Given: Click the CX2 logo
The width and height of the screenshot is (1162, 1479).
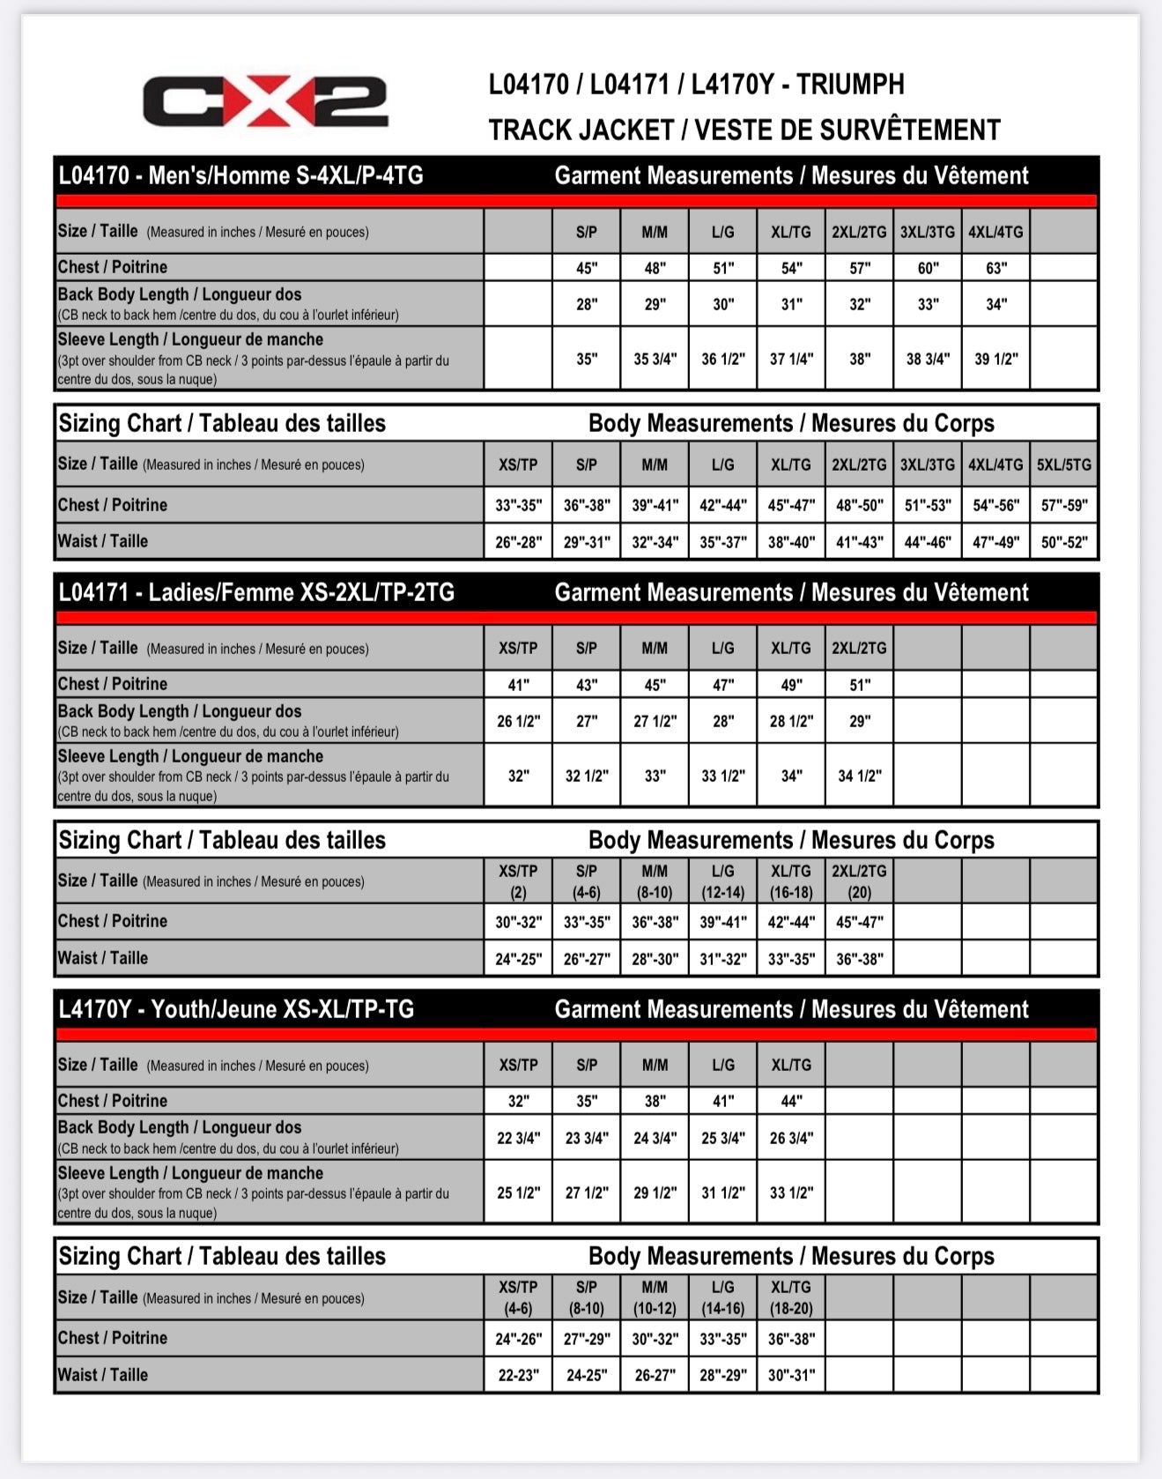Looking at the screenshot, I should pos(265,101).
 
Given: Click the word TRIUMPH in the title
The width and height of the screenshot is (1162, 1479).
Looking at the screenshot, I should pos(850,85).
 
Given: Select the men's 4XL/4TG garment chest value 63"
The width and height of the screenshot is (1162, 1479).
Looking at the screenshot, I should pos(995,268).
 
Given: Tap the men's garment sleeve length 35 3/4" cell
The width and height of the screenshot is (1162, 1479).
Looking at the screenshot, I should pos(655,359).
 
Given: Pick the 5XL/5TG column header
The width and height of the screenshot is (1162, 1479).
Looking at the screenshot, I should pos(1063,465).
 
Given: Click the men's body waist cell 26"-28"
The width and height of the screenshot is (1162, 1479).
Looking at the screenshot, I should pos(518,542).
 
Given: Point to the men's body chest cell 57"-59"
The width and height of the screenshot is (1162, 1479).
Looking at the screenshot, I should pos(1063,505).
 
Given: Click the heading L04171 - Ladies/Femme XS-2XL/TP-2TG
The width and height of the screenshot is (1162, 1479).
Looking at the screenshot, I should pos(256,592).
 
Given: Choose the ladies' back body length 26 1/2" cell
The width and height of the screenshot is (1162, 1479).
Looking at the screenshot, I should pos(518,721).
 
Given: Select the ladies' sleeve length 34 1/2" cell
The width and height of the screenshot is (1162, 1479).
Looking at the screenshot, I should pos(859,776).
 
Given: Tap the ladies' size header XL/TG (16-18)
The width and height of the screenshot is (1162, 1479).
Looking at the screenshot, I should pos(790,881).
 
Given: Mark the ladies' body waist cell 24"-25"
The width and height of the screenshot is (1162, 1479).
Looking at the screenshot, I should pos(518,959).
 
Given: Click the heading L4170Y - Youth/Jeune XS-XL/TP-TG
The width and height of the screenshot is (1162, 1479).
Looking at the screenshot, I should pos(236,1009).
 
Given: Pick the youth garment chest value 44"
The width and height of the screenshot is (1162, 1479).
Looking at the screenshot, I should pos(790,1101).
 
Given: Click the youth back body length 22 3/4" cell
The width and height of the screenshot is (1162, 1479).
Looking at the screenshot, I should pos(518,1138).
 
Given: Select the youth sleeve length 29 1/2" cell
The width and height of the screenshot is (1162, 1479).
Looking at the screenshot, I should pos(655,1193).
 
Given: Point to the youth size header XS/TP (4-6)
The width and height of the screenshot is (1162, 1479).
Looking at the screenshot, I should pos(518,1297).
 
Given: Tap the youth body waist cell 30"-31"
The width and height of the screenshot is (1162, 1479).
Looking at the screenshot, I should pos(790,1375).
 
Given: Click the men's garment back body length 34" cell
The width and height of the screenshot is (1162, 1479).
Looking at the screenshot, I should pos(995,304).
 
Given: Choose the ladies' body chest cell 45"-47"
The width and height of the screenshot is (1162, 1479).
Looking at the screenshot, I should pos(859,922).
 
